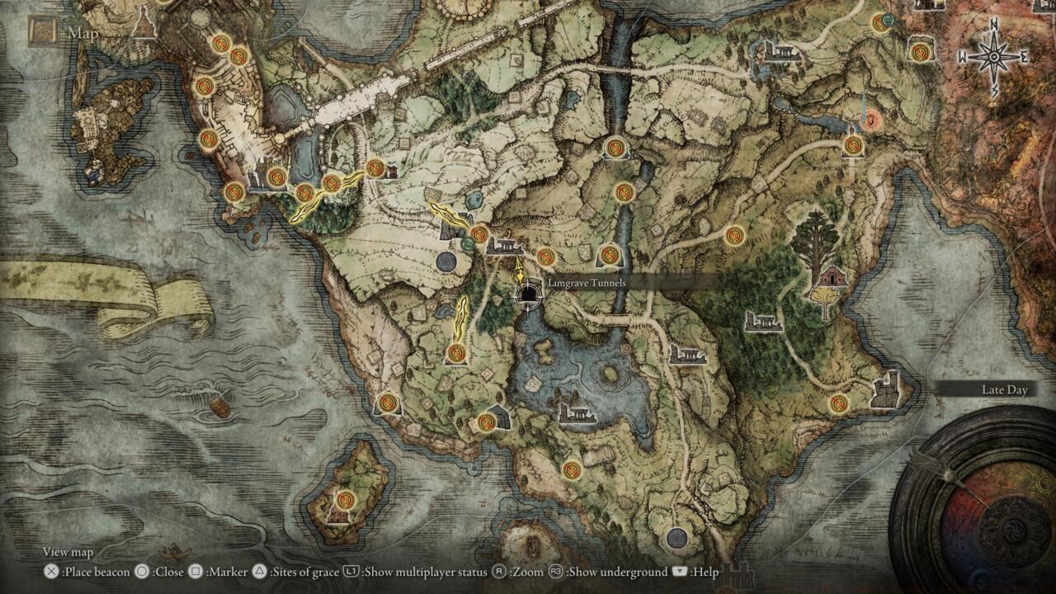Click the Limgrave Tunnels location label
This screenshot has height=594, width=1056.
point(587,283)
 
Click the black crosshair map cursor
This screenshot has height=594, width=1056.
point(528,294)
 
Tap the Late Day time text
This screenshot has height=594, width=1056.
point(1004,390)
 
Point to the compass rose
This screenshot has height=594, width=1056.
point(992,57)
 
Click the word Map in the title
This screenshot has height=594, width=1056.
point(83,33)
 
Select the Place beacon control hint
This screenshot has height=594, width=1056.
point(88,572)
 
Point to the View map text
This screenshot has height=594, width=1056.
point(68,552)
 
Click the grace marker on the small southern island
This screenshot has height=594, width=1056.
point(346,499)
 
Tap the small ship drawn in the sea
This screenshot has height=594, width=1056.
point(219,408)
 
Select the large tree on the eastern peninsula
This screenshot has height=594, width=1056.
point(813,239)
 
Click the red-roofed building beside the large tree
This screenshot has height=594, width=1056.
point(833,276)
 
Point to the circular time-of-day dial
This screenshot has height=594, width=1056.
point(982,511)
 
